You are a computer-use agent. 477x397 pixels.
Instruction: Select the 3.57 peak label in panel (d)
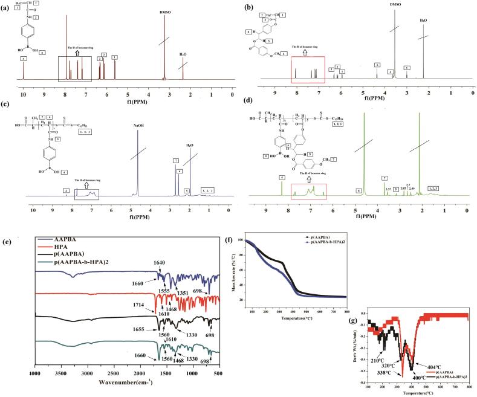pyautogui.click(x=387, y=189)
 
